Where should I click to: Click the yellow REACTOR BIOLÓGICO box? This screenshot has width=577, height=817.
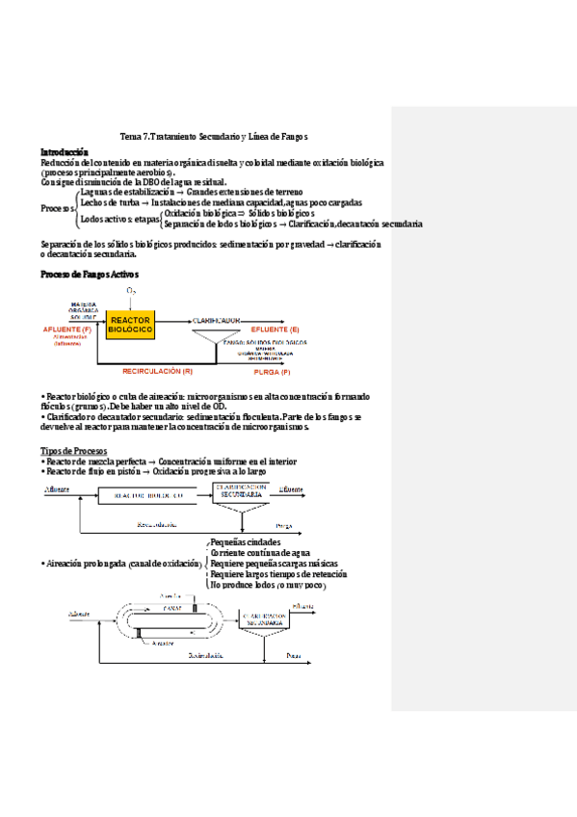[130, 325]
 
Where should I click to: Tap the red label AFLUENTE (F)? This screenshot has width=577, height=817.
[67, 329]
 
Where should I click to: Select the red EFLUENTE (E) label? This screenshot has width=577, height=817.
[275, 329]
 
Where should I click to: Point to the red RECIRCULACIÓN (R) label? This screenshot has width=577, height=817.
[158, 370]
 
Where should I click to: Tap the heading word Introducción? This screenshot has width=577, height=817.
[64, 152]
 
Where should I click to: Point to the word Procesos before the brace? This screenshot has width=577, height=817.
[56, 208]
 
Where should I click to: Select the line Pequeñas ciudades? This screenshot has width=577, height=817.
[246, 542]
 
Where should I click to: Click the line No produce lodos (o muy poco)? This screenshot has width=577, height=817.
[267, 585]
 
